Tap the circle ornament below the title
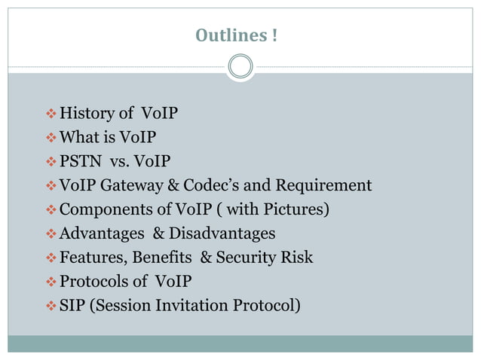(x=240, y=67)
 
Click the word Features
(x=93, y=258)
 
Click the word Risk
(x=298, y=258)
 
